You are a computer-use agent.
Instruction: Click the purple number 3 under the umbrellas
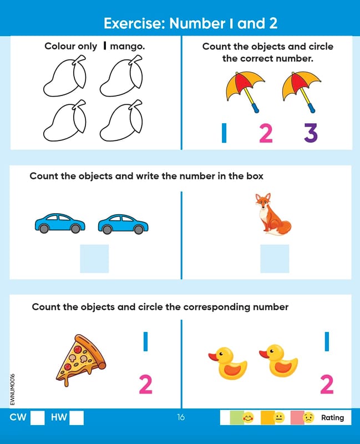coord(311,133)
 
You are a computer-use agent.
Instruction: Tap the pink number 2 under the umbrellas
coord(266,133)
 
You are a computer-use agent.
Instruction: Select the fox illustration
coord(272,214)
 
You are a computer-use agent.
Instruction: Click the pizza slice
coord(80,360)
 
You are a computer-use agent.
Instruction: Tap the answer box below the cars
coord(94,259)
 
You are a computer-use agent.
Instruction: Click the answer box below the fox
coord(275,259)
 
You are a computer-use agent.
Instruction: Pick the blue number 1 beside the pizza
coord(145,341)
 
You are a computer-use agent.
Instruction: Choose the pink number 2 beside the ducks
coord(327,384)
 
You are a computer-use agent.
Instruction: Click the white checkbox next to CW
coord(37,418)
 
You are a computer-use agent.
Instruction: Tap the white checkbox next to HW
coord(77,418)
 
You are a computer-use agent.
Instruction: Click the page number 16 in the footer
coord(181,417)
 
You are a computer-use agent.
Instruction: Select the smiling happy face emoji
coord(248,417)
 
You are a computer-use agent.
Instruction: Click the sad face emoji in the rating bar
coord(308,417)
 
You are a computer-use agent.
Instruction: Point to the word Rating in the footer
coord(333,418)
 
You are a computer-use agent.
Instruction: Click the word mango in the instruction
coord(128,46)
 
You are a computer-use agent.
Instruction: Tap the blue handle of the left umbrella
coord(255,108)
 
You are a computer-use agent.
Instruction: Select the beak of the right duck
coord(264,354)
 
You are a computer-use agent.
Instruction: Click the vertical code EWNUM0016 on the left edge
coord(12,390)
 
